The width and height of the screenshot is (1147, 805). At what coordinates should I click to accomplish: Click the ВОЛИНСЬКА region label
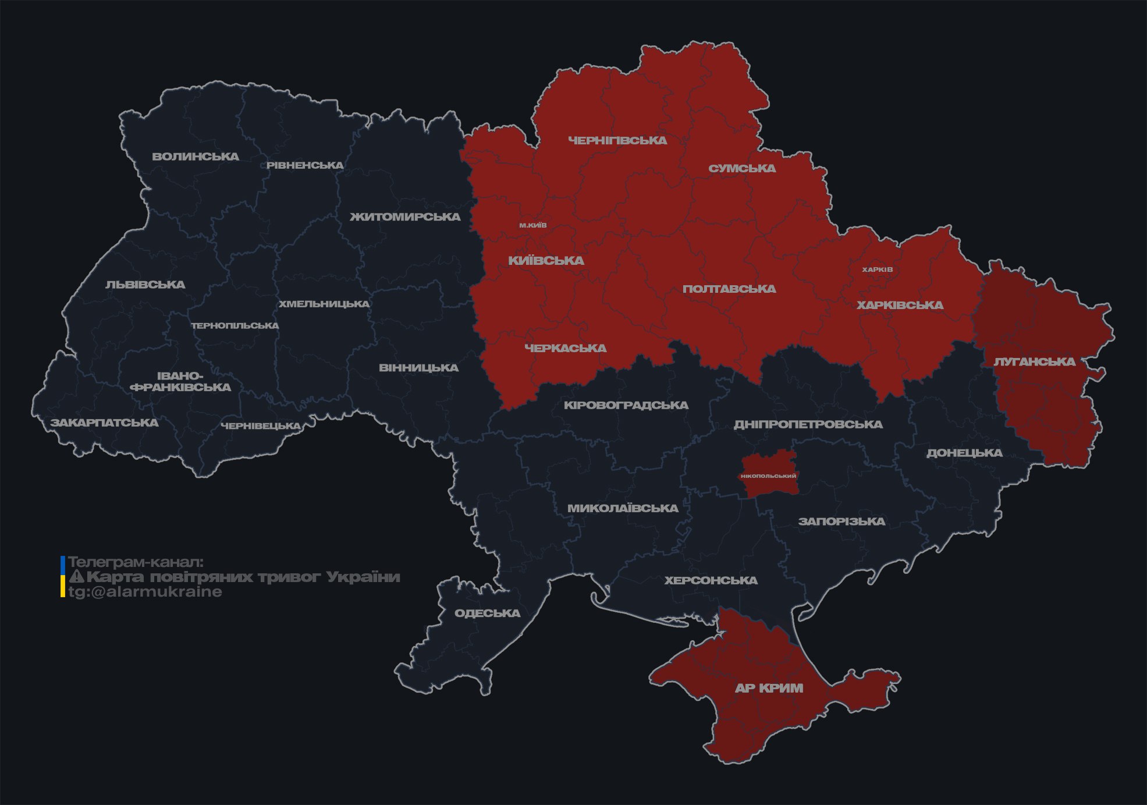196,157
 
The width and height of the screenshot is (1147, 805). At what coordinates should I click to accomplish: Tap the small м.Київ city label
532,225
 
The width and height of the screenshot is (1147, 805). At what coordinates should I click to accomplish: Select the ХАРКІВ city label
877,269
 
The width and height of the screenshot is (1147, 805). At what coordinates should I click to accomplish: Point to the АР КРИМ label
769,688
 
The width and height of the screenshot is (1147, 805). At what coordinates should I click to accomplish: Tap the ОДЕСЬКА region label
487,613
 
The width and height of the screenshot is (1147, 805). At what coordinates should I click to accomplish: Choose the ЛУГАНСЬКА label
1034,361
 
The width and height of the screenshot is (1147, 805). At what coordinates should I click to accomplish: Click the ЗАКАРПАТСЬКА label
104,423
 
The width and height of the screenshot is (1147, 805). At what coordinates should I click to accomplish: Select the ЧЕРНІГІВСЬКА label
617,140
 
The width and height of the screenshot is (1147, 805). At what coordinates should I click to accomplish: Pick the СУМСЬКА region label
742,168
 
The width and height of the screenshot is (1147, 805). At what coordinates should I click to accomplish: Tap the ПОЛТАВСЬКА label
729,289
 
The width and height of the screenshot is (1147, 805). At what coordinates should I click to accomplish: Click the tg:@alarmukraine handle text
145,592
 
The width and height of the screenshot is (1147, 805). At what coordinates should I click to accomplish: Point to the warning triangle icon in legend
76,577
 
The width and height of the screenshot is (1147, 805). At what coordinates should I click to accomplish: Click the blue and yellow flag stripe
63,577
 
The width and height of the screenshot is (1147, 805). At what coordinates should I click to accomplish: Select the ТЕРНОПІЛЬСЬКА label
235,325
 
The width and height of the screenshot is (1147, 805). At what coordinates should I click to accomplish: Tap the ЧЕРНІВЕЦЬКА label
261,426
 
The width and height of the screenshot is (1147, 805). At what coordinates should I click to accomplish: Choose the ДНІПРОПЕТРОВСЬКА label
808,424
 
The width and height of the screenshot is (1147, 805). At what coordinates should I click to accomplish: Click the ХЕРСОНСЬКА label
711,580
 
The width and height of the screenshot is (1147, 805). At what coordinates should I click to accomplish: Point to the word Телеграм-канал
136,562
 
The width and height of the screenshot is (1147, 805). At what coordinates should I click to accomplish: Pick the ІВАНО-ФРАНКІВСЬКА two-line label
180,382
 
